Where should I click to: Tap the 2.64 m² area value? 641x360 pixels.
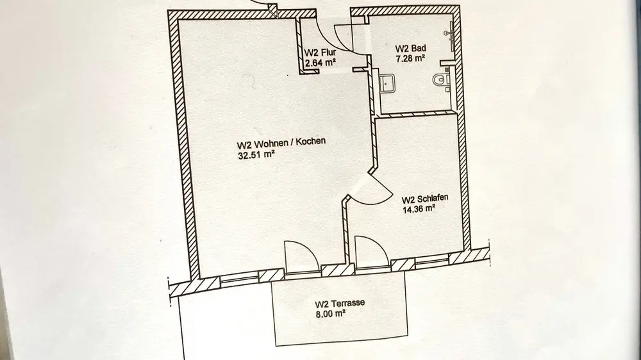point(320,62)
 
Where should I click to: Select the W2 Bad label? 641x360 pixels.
point(410,48)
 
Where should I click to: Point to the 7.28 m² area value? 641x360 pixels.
point(411,58)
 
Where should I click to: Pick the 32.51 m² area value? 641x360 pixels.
point(256,153)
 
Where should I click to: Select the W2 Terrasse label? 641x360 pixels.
point(339,304)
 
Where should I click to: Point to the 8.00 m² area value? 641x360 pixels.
point(331,314)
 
